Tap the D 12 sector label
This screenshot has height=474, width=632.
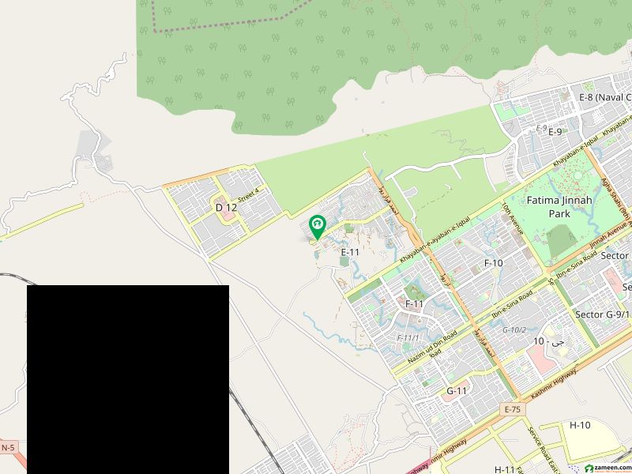tap(226, 207)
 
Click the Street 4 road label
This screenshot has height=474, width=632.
tap(249, 193)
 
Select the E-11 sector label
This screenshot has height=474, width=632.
tap(350, 251)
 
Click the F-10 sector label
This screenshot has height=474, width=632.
tap(493, 263)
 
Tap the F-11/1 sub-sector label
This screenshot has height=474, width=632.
tap(408, 338)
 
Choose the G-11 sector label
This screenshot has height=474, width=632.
tap(457, 391)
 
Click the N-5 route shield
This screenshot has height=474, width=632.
tap(8, 448)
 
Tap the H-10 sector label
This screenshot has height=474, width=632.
tap(580, 425)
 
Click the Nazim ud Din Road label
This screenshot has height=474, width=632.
tap(433, 348)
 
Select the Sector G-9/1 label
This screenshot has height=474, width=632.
tap(603, 314)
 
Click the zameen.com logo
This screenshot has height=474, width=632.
tap(605, 467)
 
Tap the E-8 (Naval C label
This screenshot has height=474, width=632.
tap(604, 97)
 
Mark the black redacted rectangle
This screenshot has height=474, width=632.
tap(128, 379)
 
